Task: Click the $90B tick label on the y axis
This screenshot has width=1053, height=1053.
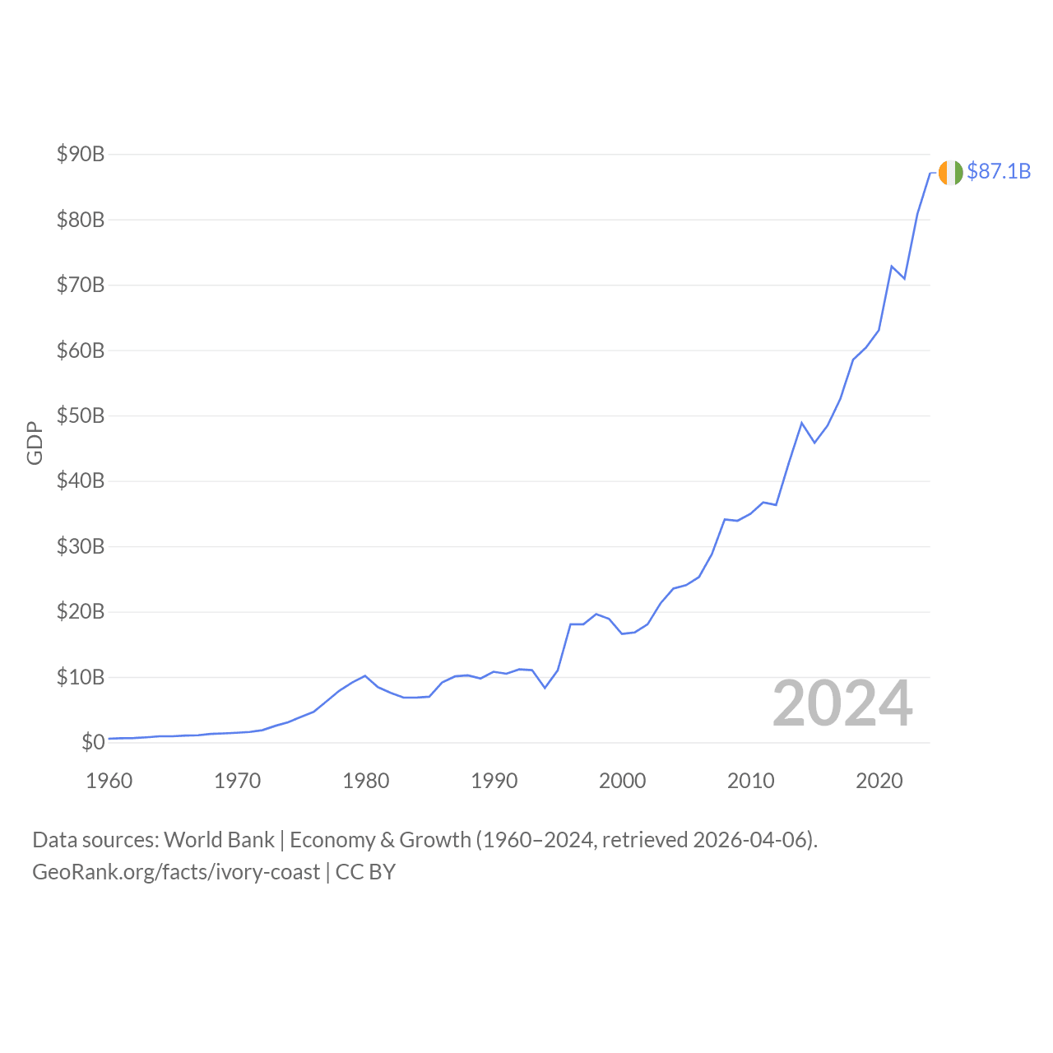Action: point(81,154)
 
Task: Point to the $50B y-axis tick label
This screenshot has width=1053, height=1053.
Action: point(81,415)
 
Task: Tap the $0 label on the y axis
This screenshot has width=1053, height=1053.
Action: point(93,742)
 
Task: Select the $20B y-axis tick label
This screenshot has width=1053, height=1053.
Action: point(81,611)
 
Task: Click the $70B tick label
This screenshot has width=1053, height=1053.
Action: point(81,285)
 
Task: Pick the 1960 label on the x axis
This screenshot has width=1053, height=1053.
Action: point(109,781)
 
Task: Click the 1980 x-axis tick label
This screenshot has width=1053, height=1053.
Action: point(366,781)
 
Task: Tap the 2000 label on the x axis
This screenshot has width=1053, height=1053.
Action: point(623,781)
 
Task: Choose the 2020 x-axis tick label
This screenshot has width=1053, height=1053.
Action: point(879,781)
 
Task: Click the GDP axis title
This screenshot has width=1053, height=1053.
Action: point(35,443)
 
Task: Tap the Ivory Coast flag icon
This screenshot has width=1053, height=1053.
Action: point(950,173)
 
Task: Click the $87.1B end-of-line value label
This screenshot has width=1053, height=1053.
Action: point(999,171)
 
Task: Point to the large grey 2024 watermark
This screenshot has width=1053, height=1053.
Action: point(842,704)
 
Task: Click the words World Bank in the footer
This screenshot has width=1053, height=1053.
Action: point(219,840)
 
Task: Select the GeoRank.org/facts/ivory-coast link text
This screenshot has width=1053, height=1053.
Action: point(176,872)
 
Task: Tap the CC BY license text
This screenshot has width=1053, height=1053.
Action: point(366,872)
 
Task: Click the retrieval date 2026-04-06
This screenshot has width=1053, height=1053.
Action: point(752,840)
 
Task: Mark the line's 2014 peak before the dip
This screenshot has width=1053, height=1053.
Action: point(802,423)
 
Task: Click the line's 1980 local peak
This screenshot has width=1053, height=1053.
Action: point(365,675)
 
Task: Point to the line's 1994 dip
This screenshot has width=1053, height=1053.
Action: point(545,688)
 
